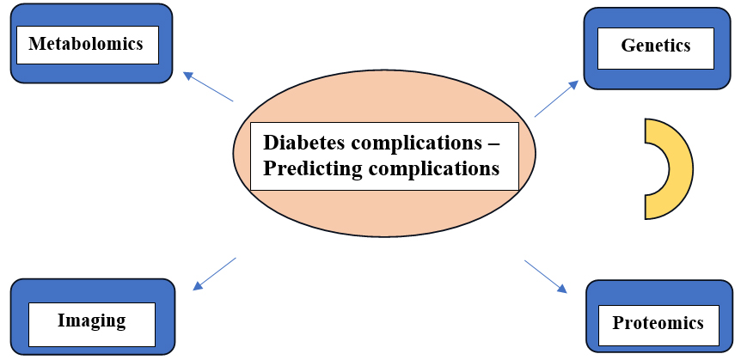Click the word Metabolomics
[86, 44]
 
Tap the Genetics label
[655, 46]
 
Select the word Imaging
[92, 320]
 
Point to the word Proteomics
[658, 323]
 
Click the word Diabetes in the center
[303, 143]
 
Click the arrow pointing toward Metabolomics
[208, 87]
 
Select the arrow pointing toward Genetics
[556, 98]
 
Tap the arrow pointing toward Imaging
[214, 273]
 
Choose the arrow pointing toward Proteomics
[545, 277]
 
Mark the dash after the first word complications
[492, 143]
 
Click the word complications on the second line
[433, 168]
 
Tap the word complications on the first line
[415, 143]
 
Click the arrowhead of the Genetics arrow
[573, 84]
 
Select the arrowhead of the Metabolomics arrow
[188, 75]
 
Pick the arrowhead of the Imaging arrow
[198, 286]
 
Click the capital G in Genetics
[628, 46]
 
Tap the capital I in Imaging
[61, 320]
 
